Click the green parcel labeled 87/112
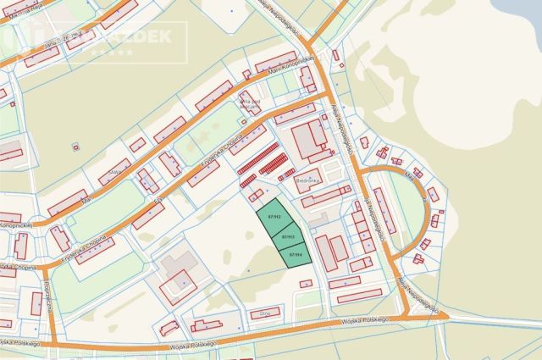[x=274, y=217]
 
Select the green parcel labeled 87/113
[x=286, y=237]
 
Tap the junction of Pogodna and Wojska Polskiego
[x=53, y=343]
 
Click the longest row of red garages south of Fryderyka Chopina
[x=258, y=159]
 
